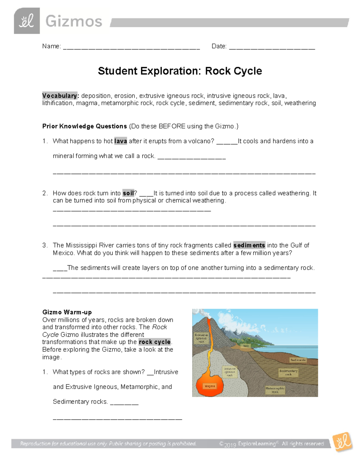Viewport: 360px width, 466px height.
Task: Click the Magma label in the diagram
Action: [x=210, y=386]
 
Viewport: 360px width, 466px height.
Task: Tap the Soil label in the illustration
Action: [x=246, y=346]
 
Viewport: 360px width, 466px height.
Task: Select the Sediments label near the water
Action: [x=298, y=360]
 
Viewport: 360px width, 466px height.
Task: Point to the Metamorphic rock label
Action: [x=275, y=390]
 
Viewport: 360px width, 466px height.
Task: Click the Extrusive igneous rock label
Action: [x=201, y=338]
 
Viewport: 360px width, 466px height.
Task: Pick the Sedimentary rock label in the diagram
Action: [x=288, y=372]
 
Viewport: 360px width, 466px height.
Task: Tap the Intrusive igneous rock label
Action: [x=230, y=372]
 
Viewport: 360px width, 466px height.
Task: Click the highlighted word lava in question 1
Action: [x=121, y=141]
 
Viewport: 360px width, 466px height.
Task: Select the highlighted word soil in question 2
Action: [x=128, y=193]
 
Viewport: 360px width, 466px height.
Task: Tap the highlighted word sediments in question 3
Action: [x=249, y=245]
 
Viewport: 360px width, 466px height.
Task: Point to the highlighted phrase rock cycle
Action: [x=155, y=342]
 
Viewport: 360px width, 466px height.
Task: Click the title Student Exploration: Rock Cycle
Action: [x=180, y=71]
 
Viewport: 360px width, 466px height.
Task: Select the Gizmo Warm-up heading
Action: [x=67, y=312]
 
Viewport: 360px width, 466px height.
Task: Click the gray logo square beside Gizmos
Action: [x=27, y=21]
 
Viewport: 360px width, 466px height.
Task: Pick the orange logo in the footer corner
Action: [x=342, y=441]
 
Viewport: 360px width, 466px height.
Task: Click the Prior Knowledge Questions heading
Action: [x=85, y=126]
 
